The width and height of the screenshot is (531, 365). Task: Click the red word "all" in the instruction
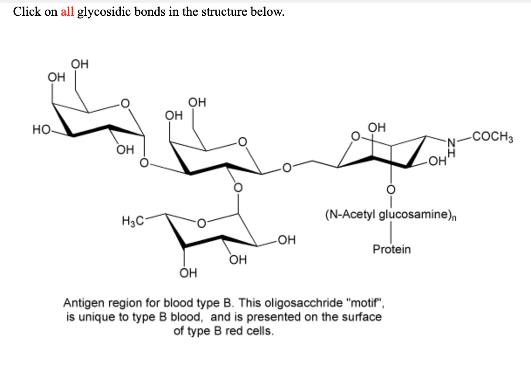(67, 12)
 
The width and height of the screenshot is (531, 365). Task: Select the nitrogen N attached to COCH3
(453, 141)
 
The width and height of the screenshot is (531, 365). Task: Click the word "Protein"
(391, 249)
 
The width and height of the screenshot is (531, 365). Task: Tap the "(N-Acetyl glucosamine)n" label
(391, 215)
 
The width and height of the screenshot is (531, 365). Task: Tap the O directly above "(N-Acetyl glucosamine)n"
(391, 189)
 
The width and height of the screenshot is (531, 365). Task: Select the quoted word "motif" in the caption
(368, 303)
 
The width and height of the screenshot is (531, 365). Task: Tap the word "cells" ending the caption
(261, 331)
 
